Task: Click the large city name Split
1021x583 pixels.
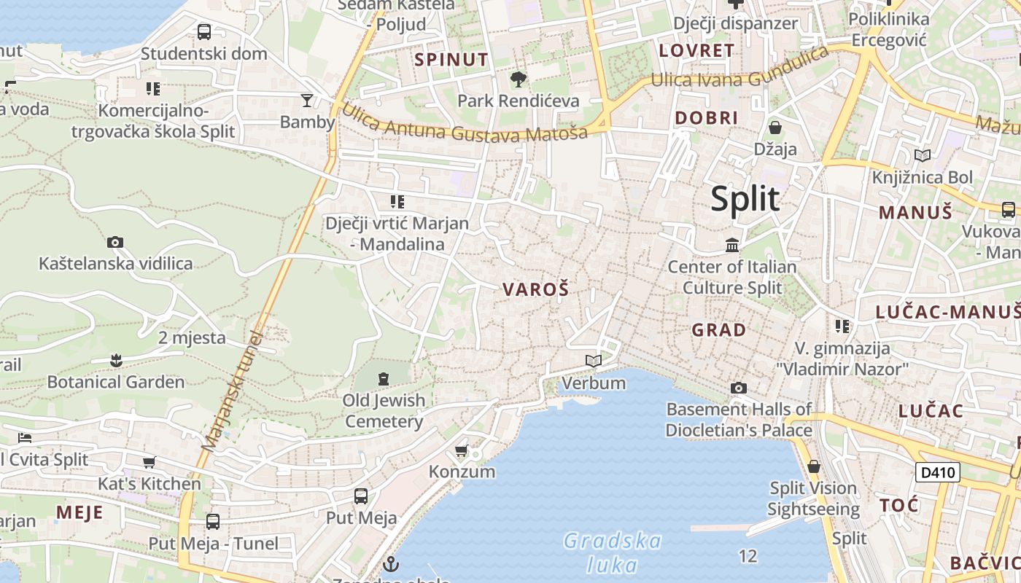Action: click(x=745, y=199)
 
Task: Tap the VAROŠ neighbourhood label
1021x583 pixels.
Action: click(x=535, y=289)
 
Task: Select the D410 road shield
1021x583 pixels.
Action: click(x=937, y=472)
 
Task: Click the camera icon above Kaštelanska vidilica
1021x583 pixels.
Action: click(x=114, y=242)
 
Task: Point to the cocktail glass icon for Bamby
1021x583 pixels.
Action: click(x=307, y=100)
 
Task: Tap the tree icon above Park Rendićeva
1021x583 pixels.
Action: click(x=519, y=79)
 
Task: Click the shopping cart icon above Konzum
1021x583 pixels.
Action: click(x=461, y=451)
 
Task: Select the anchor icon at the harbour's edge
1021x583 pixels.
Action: click(x=392, y=563)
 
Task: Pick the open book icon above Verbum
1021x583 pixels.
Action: click(x=594, y=361)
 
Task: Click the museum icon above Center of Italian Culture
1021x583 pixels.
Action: click(x=732, y=246)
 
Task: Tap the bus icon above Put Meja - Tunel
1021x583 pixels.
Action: click(x=213, y=522)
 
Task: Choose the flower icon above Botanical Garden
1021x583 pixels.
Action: click(x=115, y=360)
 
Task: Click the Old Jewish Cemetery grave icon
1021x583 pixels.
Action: click(x=384, y=378)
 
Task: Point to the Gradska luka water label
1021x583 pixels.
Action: click(x=613, y=552)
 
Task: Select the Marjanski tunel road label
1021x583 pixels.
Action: click(x=233, y=391)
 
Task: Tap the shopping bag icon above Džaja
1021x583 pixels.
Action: click(x=775, y=128)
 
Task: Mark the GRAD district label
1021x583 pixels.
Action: click(x=718, y=330)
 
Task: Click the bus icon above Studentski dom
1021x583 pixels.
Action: click(x=204, y=32)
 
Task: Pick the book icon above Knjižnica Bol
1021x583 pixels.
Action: click(x=923, y=155)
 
